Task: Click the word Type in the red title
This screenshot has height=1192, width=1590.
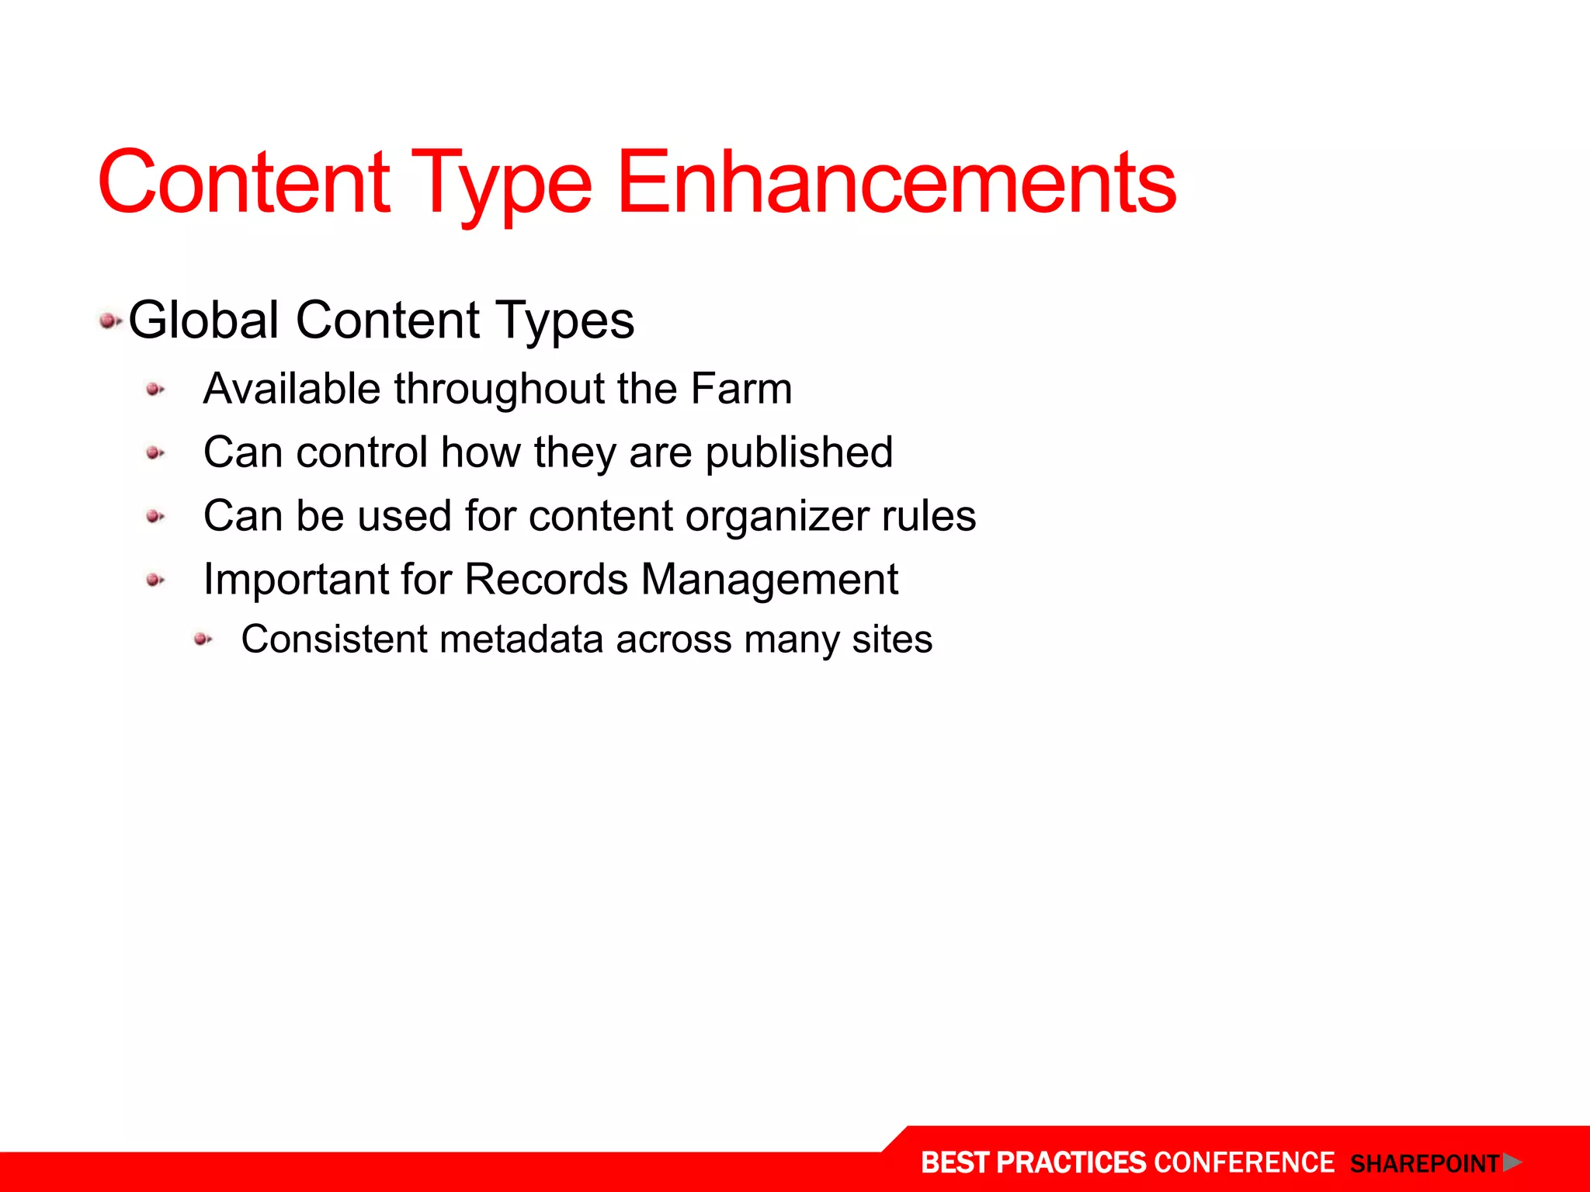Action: tap(502, 186)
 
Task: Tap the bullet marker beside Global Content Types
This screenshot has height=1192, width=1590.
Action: tap(109, 320)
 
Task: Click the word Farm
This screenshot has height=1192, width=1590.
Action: tap(741, 388)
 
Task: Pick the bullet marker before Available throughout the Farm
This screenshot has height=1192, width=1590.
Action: tap(155, 390)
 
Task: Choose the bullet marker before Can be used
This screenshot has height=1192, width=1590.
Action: tap(155, 517)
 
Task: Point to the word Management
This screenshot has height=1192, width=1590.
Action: tap(769, 580)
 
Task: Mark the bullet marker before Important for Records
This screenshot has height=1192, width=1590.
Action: tap(155, 580)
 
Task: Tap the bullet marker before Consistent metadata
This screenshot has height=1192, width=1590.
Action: tap(203, 639)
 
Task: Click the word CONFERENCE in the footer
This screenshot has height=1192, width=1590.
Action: tap(1244, 1163)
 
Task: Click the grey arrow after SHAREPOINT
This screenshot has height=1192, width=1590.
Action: tap(1511, 1163)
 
